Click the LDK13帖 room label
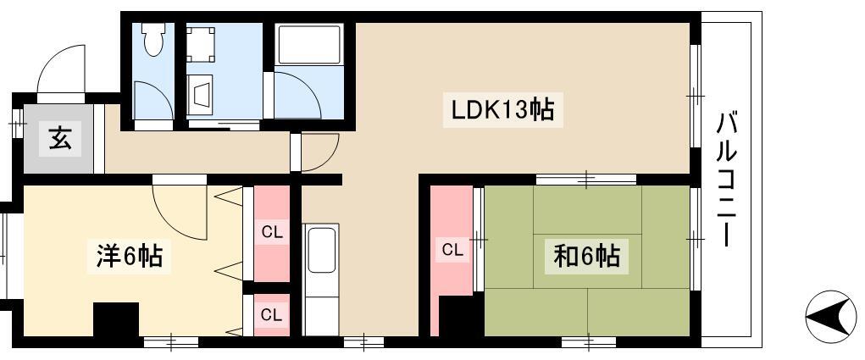click(502, 110)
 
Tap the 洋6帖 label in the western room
click(130, 256)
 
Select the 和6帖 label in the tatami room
click(587, 256)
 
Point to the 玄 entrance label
click(60, 138)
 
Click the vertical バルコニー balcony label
click(727, 180)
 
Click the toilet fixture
click(152, 39)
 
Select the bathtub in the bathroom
click(309, 44)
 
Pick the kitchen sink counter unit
click(321, 280)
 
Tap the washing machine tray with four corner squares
click(201, 45)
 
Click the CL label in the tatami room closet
click(452, 250)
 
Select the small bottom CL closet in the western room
click(271, 315)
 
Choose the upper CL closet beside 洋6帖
click(271, 234)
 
